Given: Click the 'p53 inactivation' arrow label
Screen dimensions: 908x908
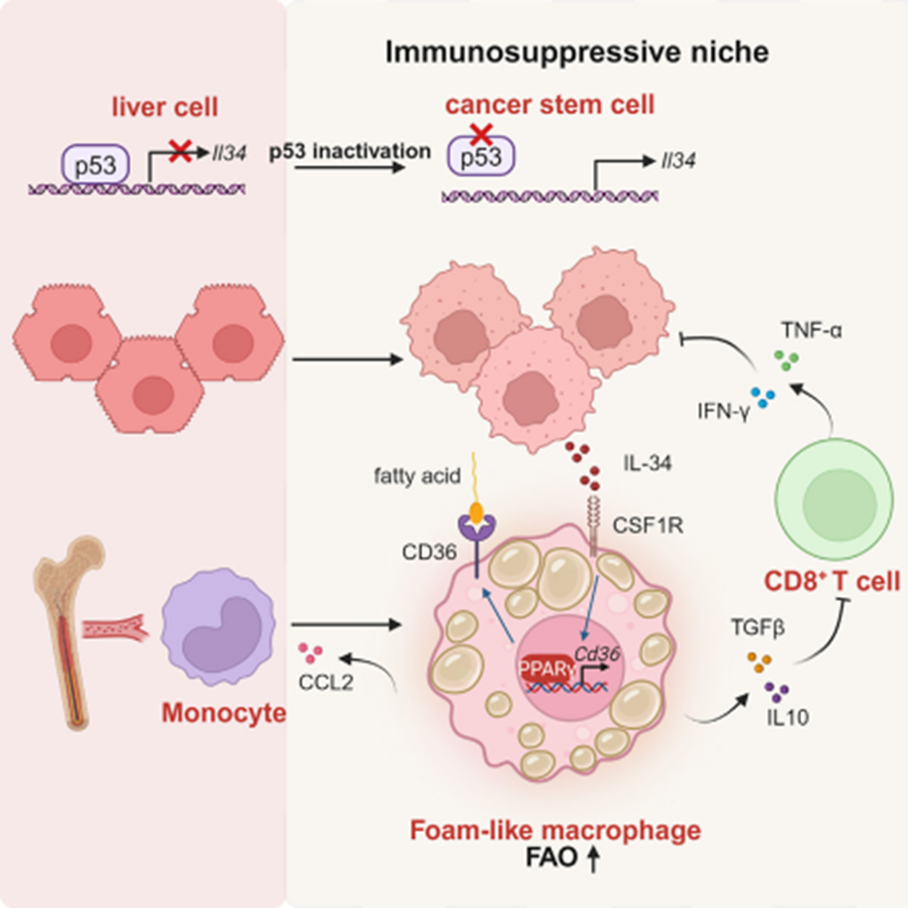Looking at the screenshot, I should coord(351,151).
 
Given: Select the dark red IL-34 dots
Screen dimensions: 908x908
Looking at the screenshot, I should coord(585,466).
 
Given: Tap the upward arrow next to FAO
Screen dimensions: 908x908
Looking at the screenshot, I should coord(594,861).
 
